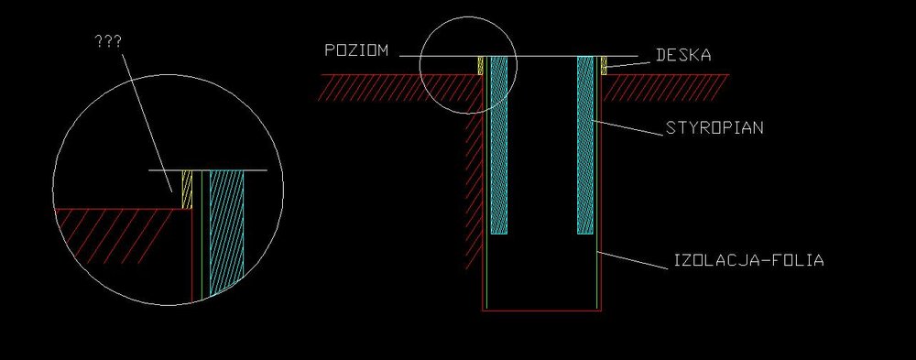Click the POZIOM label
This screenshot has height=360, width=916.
pos(356,50)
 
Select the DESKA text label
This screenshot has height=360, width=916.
pos(683,56)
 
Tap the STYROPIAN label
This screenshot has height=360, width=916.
pos(714,128)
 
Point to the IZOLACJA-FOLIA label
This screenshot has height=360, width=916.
pos(749,260)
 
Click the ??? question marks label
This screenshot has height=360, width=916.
pos(108,42)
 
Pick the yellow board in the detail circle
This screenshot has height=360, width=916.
pos(188,190)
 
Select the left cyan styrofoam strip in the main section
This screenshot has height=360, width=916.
pos(499,145)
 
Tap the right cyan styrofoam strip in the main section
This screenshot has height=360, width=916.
pos(585,145)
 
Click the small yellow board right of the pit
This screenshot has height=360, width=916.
pos(604,65)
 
